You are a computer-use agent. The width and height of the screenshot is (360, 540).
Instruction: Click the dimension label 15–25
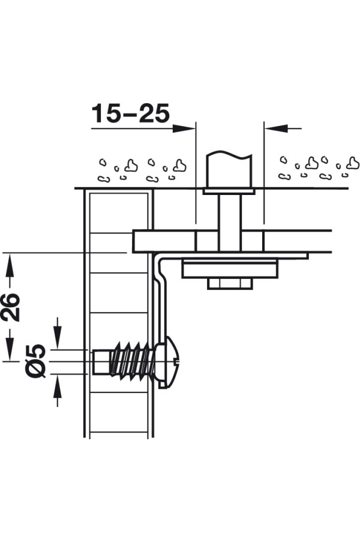pyautogui.click(x=131, y=113)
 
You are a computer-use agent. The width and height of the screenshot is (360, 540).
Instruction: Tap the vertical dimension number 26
pyautogui.click(x=10, y=307)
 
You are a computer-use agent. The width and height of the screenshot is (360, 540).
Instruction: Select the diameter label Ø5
pyautogui.click(x=36, y=361)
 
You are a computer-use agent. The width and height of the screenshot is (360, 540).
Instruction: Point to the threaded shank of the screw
pyautogui.click(x=131, y=361)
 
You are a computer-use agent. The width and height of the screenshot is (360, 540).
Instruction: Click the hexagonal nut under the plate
pyautogui.click(x=230, y=283)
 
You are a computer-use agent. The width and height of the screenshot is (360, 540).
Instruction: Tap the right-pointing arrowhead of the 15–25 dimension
pyautogui.click(x=183, y=128)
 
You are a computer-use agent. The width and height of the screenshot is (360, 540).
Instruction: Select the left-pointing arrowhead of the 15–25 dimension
pyautogui.click(x=276, y=128)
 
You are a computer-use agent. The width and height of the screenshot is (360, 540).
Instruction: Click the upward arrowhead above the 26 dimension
pyautogui.click(x=10, y=265)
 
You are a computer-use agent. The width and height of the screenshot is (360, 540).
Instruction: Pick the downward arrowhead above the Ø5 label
pyautogui.click(x=58, y=337)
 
